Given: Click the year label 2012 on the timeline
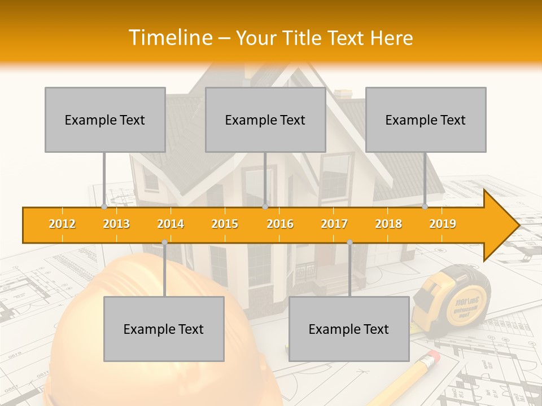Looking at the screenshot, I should click(62, 224).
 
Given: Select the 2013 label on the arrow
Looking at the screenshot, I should click(116, 224).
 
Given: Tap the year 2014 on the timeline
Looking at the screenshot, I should click(171, 224).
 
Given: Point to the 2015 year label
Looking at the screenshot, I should click(225, 224).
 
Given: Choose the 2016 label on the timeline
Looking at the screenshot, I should click(280, 224).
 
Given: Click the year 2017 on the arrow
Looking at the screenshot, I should click(334, 224).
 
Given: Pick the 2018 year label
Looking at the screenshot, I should click(388, 224).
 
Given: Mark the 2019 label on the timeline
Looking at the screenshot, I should click(443, 224).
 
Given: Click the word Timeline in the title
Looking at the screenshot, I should click(170, 38).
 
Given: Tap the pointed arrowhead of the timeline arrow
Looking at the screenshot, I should click(505, 225).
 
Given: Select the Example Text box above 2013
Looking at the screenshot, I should click(105, 120).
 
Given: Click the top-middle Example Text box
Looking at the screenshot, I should click(265, 120).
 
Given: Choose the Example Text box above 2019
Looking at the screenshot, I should click(426, 120).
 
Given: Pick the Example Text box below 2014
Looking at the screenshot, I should click(164, 329).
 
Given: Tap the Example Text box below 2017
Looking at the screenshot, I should click(349, 329).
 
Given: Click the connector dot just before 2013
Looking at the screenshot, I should click(104, 207).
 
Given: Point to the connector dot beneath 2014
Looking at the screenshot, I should click(164, 242).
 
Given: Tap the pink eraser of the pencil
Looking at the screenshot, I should click(432, 357).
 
